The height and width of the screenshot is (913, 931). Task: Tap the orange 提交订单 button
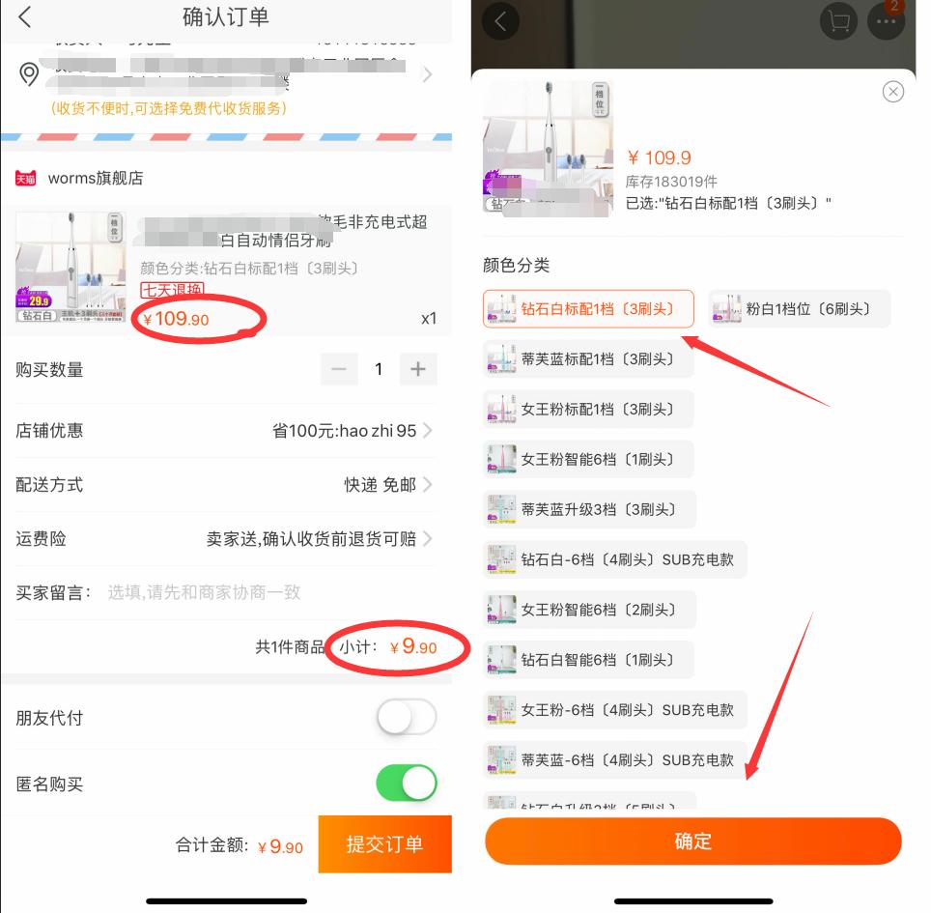pos(384,844)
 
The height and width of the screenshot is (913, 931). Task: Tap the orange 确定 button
pos(692,841)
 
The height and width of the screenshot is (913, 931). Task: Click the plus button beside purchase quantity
pos(417,369)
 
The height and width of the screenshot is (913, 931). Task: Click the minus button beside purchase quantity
pos(338,369)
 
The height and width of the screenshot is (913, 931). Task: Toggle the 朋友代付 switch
pos(407,718)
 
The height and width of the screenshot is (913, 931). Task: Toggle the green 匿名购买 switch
pos(407,784)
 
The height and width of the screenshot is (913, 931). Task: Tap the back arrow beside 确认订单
pos(25,16)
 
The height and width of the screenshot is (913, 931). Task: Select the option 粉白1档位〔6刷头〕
pos(799,309)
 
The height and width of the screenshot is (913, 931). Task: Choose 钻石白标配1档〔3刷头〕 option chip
pos(588,309)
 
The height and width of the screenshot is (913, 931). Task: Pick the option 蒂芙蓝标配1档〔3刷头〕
pos(588,359)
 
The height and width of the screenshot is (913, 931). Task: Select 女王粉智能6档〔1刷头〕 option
pos(588,459)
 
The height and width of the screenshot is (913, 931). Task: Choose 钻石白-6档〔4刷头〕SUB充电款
pos(614,559)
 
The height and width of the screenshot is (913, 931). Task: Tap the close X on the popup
pos(893,92)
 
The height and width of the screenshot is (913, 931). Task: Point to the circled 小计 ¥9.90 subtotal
pos(401,647)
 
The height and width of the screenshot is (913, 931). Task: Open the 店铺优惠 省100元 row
pos(348,431)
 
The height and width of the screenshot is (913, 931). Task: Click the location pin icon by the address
pos(29,74)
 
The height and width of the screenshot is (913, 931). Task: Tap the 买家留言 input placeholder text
pos(204,592)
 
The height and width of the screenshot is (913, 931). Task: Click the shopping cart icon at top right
pos(837,21)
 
